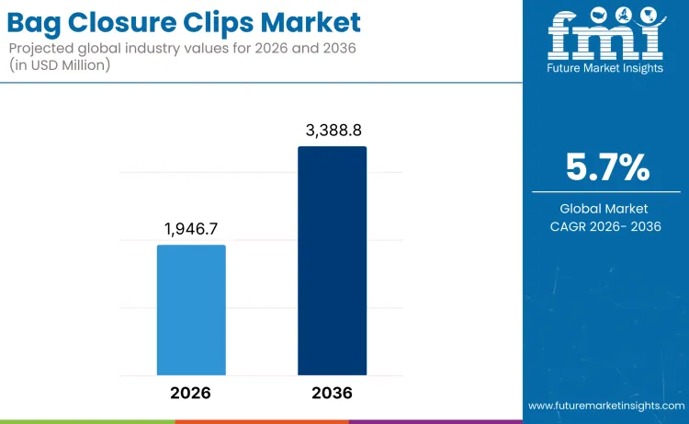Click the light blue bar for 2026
[191, 310]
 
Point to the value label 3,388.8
[332, 131]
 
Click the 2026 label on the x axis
[191, 393]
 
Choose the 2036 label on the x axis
[332, 393]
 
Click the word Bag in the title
[38, 23]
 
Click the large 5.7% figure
[605, 167]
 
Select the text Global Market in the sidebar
[605, 209]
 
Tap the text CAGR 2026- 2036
[605, 226]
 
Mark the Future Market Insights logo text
[604, 67]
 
